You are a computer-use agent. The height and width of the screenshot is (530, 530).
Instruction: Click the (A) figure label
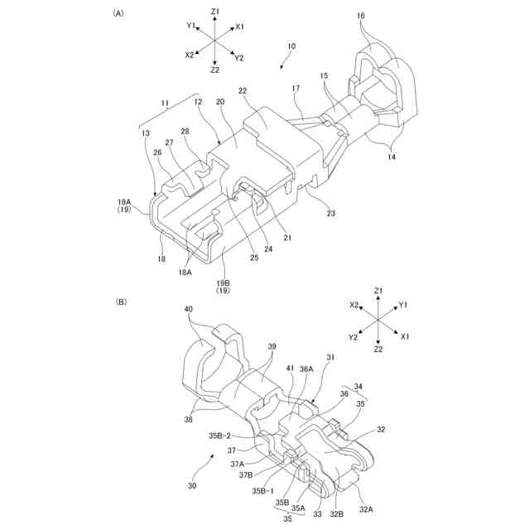(x=119, y=14)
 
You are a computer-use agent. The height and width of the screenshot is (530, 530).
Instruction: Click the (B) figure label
(x=121, y=303)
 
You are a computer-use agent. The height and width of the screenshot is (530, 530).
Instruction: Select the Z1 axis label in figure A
(x=214, y=11)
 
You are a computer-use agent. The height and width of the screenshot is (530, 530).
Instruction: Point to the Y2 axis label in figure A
(x=238, y=58)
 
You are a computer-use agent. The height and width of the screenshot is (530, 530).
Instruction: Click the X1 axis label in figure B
(x=405, y=337)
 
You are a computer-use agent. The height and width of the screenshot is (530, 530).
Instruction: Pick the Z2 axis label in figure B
(x=378, y=349)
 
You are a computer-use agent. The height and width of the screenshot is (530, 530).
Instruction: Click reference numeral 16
(x=361, y=15)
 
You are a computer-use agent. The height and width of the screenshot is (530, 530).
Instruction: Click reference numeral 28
(x=184, y=132)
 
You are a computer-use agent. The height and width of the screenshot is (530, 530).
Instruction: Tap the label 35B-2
(x=219, y=436)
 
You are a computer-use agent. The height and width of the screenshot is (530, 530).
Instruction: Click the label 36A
(x=306, y=369)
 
